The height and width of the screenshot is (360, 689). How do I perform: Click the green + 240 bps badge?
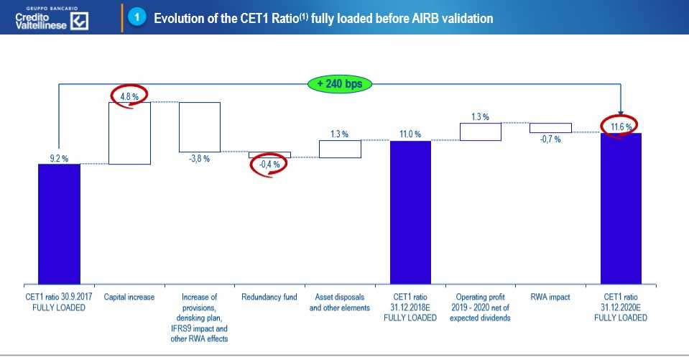tap(340, 83)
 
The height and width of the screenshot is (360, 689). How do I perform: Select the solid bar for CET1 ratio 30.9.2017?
tap(59, 223)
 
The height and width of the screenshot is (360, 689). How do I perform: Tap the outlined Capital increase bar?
tap(129, 133)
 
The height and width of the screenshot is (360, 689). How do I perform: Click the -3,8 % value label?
tap(199, 159)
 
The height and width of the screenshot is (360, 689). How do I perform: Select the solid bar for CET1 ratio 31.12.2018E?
tap(410, 211)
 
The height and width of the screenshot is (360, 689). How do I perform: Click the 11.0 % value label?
tap(410, 134)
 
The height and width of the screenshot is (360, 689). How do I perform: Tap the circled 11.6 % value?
tap(619, 126)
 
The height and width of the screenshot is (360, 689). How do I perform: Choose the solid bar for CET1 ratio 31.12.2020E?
tap(621, 208)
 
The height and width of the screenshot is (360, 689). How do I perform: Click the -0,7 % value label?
tap(550, 139)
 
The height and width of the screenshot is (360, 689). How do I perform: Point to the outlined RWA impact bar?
tap(550, 128)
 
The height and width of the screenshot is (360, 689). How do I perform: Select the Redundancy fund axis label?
tap(269, 297)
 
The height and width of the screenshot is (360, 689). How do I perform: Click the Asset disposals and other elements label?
tap(340, 303)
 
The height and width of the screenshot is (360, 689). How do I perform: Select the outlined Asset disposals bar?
tap(340, 149)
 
